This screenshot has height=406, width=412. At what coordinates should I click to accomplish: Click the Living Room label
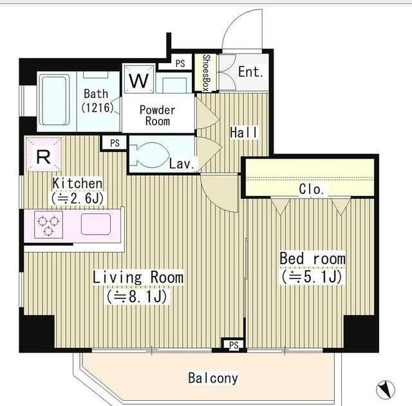tap(138, 278)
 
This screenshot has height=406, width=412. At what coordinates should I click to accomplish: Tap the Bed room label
tap(312, 258)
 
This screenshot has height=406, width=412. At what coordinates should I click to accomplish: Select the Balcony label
tap(213, 378)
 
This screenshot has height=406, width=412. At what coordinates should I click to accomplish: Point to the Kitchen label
tap(77, 183)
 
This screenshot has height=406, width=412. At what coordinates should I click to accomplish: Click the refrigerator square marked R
tap(43, 155)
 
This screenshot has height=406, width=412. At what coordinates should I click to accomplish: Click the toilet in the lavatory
tap(149, 154)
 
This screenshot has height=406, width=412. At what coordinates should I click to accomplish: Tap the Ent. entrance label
tap(251, 72)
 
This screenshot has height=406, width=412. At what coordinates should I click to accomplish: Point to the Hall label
tap(244, 133)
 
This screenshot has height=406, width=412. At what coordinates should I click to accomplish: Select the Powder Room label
tap(158, 115)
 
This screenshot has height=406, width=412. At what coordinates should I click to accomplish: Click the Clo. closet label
tap(312, 189)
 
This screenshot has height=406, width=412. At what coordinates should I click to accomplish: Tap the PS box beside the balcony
tap(234, 345)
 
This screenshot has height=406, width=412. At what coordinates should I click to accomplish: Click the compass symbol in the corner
tap(386, 389)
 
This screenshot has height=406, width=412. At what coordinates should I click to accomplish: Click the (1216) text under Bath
tap(97, 108)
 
